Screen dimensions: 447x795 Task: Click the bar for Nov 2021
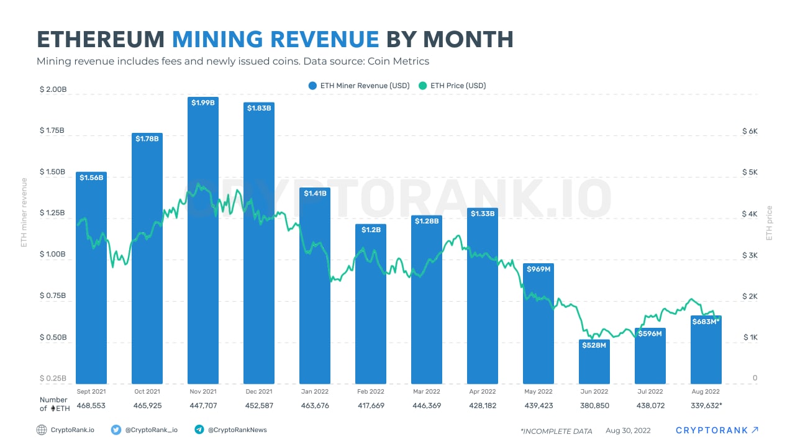(203, 248)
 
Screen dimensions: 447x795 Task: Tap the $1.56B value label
(91, 178)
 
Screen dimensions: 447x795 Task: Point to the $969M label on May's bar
(538, 269)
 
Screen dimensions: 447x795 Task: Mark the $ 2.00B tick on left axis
(53, 90)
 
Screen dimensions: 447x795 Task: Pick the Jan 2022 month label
(315, 392)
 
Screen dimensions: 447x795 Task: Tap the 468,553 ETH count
(91, 406)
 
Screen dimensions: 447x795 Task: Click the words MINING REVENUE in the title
(276, 39)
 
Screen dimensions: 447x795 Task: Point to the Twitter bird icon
(116, 430)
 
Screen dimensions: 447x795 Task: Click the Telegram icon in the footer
(199, 430)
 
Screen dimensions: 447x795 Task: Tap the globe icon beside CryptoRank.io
(42, 430)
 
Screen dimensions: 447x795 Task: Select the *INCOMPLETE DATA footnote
(556, 431)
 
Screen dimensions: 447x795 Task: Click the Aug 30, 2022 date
(629, 431)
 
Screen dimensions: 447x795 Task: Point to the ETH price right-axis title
(770, 223)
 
